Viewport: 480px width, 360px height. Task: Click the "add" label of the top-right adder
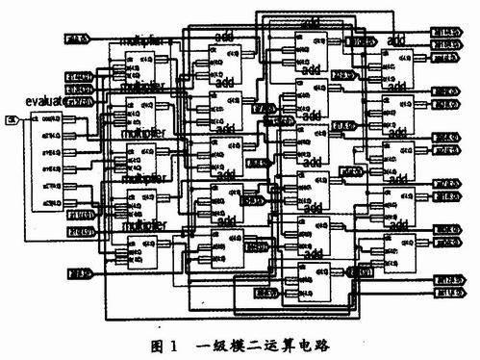coord(395,39)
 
